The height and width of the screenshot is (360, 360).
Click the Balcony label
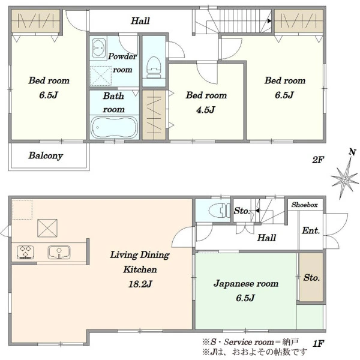pos(46,155)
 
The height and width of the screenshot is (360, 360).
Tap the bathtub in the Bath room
pos(115,127)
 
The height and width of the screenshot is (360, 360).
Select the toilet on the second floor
pos(154,67)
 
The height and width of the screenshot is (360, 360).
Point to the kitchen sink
pos(59,253)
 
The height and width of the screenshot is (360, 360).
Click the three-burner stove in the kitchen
pos(25,252)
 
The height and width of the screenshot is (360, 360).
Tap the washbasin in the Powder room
pos(99,48)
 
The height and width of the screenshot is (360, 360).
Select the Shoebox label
pos(304,205)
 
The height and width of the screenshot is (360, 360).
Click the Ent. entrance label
pos(311,230)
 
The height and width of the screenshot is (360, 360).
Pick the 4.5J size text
pos(206,110)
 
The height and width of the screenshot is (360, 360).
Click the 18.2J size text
pos(140,284)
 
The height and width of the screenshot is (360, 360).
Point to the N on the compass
pos(352,152)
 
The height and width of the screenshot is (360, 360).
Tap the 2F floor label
pos(318,160)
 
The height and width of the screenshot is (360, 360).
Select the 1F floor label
pos(319,344)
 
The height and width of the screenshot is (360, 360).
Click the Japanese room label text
pos(246,284)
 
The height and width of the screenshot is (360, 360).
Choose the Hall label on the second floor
pos(140,21)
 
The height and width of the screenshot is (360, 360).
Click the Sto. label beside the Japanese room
pos(311,278)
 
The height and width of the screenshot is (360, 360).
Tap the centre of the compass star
pos(344,179)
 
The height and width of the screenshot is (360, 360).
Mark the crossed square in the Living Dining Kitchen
pos(47,228)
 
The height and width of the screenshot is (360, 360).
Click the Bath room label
pos(113,103)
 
